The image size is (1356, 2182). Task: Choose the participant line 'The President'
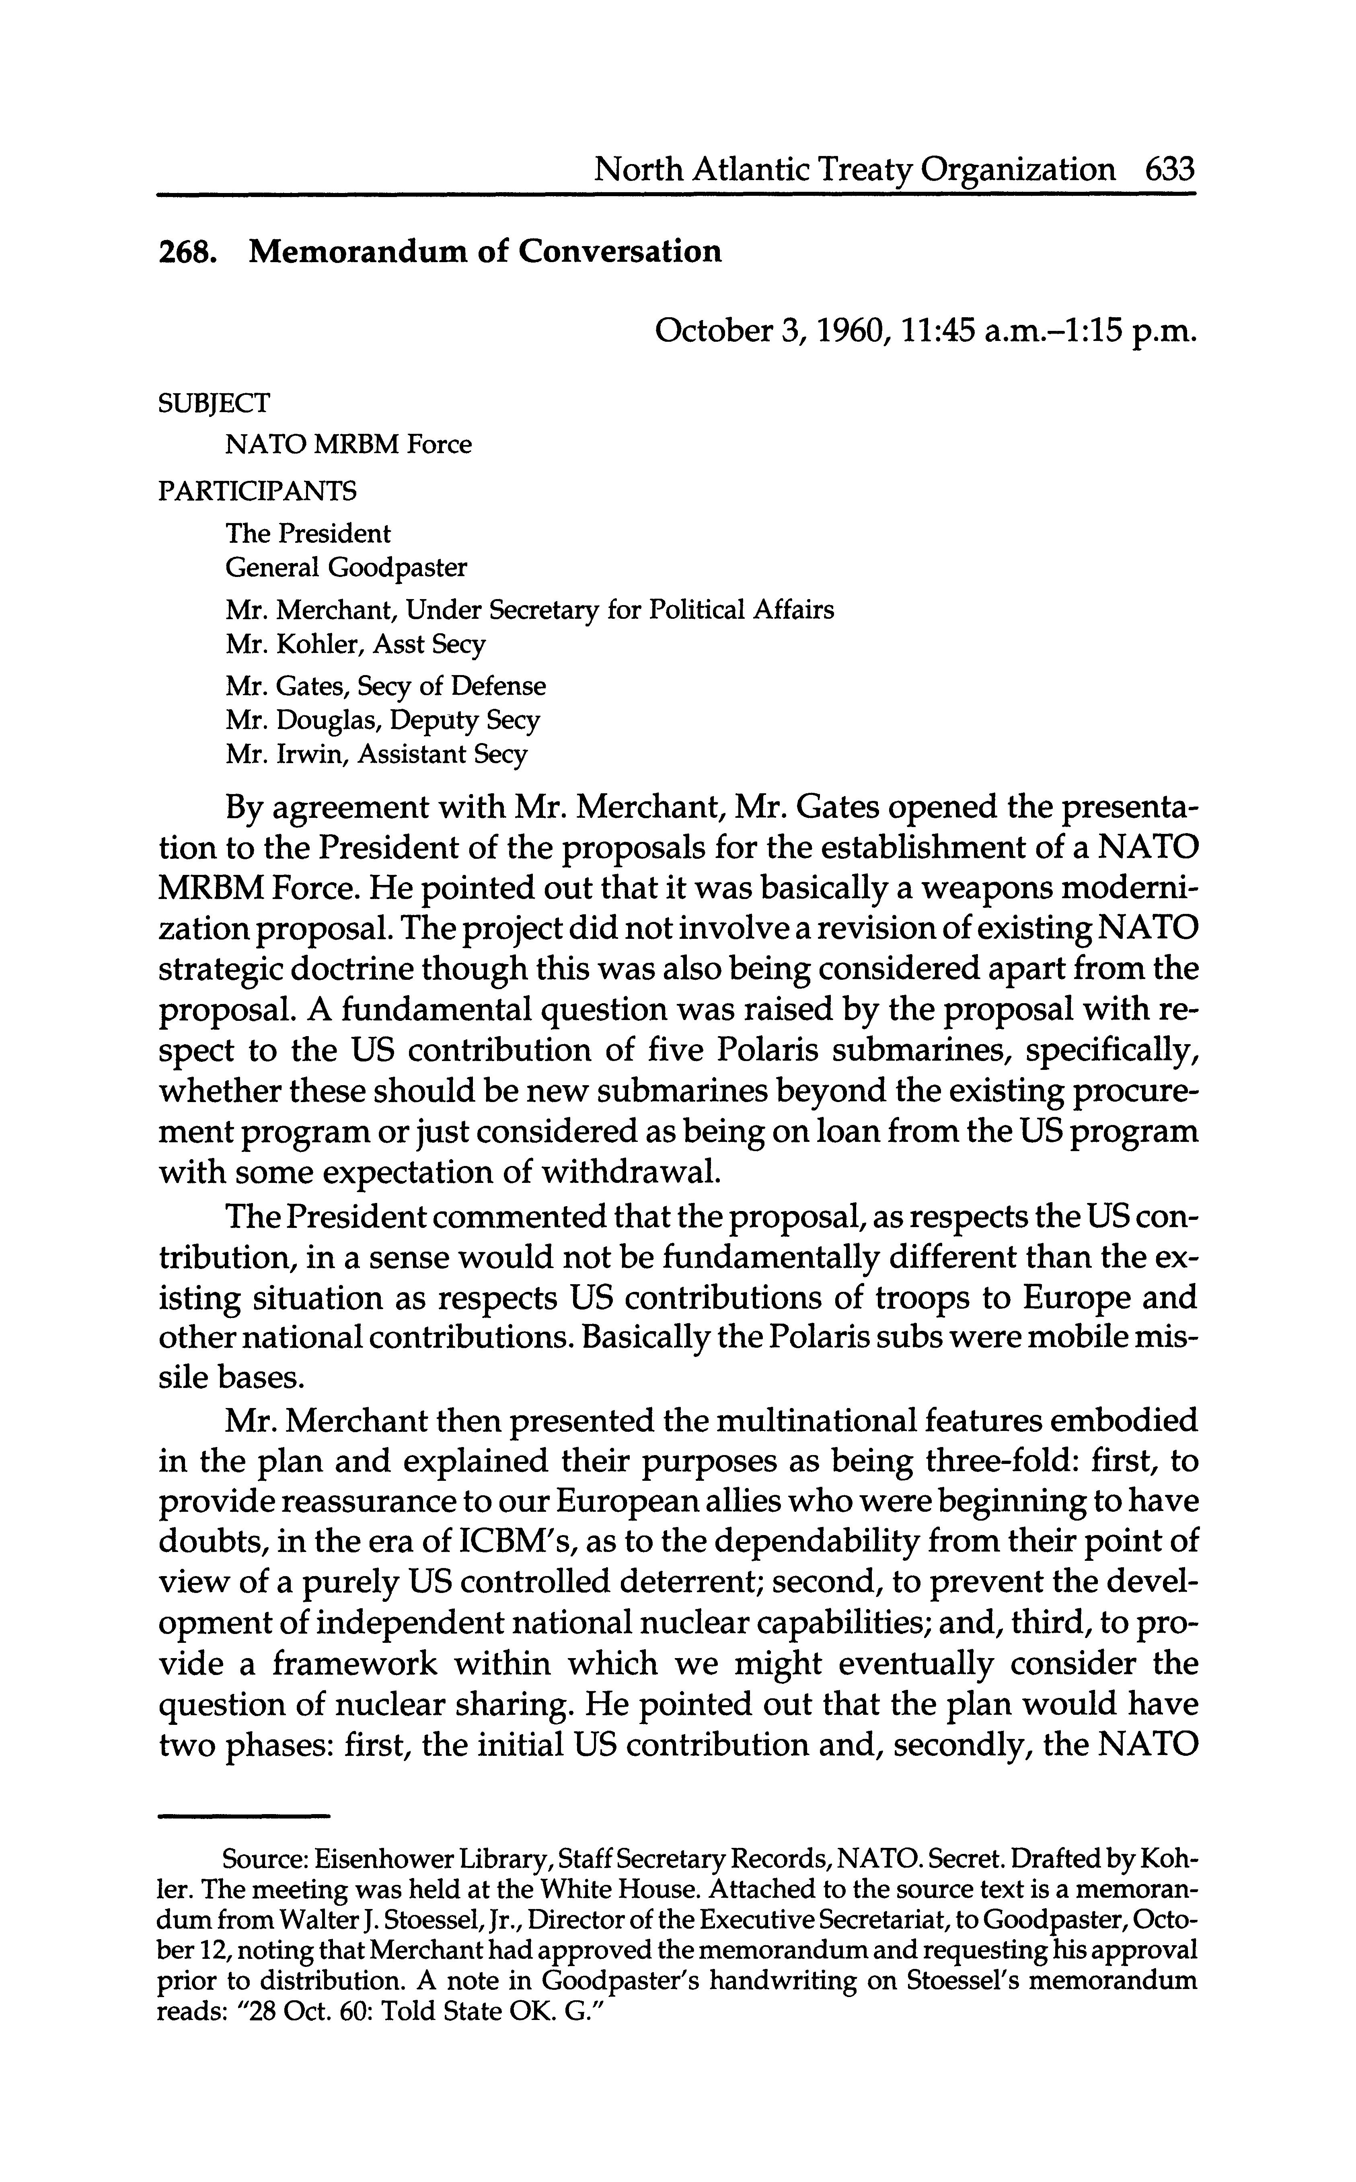pos(308,534)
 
